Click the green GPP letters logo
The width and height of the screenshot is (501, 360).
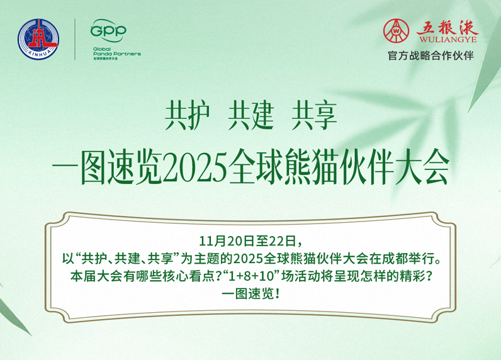click(108, 30)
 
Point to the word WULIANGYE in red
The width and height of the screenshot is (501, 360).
click(444, 40)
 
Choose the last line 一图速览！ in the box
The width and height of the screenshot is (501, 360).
click(250, 293)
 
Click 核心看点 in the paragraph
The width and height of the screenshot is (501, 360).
click(166, 276)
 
